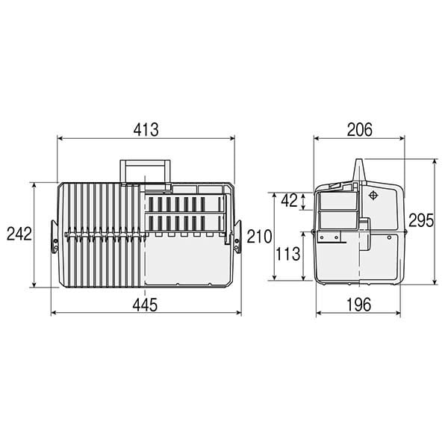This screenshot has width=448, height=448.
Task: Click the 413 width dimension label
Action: (146, 129)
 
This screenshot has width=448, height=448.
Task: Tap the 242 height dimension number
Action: (19, 234)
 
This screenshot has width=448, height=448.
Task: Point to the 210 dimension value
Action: (258, 237)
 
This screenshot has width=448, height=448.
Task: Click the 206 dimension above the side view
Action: (359, 129)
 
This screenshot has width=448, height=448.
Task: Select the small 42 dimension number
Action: (290, 200)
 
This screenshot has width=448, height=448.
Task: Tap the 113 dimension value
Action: (287, 254)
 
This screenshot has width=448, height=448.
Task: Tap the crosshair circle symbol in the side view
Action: (373, 196)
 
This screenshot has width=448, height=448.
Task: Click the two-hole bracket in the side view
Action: (329, 237)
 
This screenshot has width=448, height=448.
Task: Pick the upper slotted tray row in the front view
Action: (184, 204)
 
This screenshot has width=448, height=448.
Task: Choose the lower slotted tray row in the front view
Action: (184, 222)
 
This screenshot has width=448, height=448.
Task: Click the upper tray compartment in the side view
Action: (337, 201)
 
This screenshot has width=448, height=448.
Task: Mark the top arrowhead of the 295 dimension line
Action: (434, 161)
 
